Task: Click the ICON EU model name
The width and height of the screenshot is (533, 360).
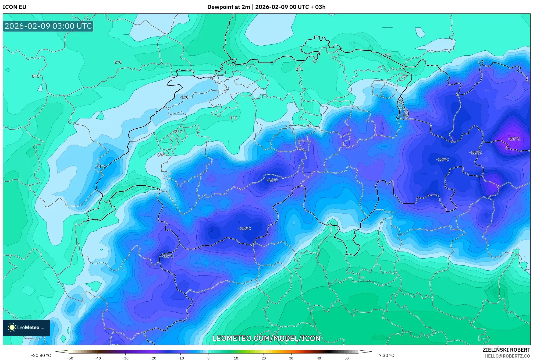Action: [15, 7]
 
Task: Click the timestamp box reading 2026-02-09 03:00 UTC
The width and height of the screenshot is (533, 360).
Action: [48, 26]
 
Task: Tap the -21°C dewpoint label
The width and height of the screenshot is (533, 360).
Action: [514, 139]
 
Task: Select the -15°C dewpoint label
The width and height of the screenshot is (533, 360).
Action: [442, 160]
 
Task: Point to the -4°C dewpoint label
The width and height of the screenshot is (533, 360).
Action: [102, 167]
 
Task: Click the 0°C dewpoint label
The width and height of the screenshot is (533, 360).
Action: [35, 76]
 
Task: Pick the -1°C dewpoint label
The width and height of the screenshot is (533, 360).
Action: [184, 97]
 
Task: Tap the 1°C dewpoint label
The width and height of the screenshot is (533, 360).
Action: [233, 118]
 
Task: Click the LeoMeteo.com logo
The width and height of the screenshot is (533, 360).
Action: [26, 327]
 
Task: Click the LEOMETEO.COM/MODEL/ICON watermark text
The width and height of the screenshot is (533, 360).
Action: [266, 338]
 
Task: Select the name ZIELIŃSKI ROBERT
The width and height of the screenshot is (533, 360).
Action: [506, 350]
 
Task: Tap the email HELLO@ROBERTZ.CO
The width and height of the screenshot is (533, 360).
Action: [507, 356]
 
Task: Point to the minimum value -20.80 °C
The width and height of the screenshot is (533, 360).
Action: [41, 355]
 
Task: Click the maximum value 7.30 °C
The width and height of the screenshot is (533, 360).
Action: [386, 355]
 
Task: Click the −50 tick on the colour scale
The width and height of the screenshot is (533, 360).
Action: [70, 358]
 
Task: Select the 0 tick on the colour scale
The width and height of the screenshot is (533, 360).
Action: [208, 358]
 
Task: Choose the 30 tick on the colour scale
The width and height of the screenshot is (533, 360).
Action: [291, 358]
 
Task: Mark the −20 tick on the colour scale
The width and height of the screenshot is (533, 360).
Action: [153, 358]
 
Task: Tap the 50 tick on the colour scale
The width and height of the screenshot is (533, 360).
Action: [347, 358]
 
